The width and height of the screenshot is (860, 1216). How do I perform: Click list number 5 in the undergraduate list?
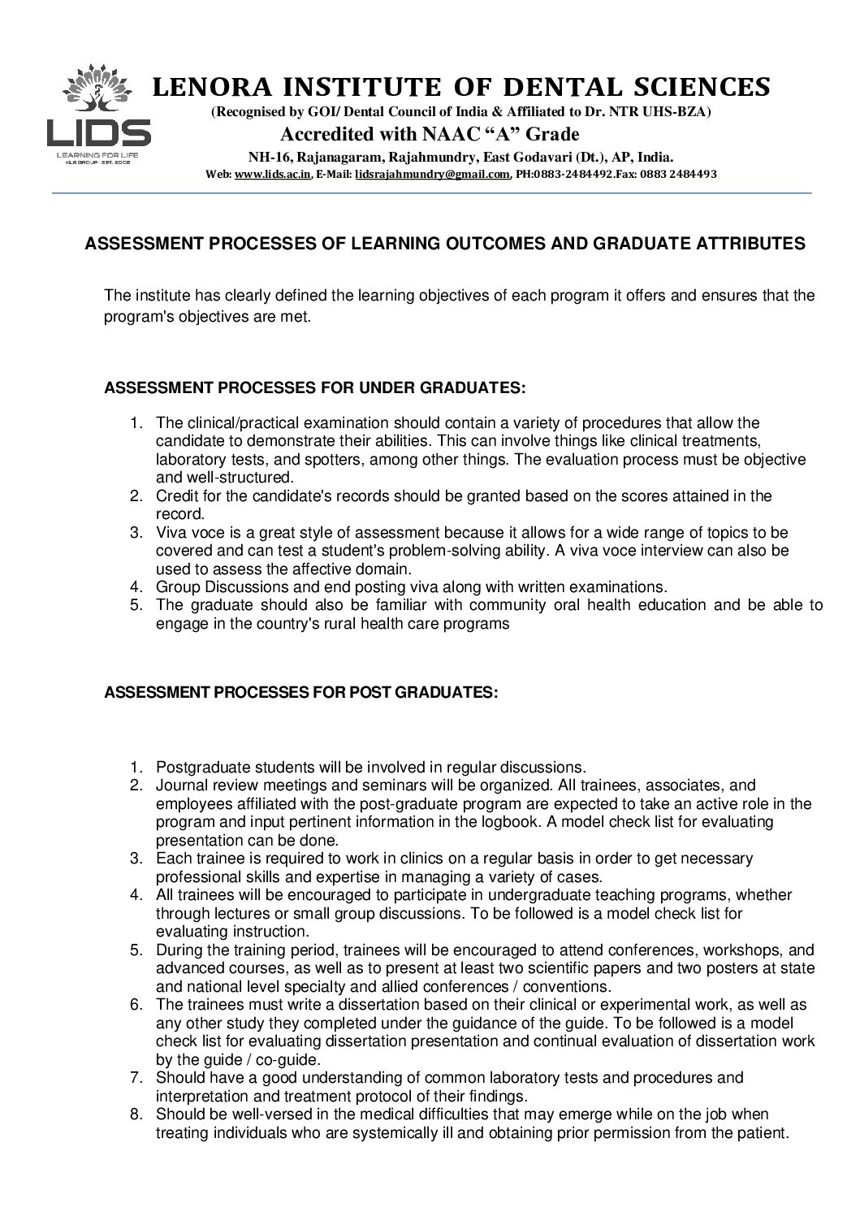click(136, 605)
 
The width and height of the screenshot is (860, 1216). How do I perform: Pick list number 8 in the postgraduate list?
click(136, 1114)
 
